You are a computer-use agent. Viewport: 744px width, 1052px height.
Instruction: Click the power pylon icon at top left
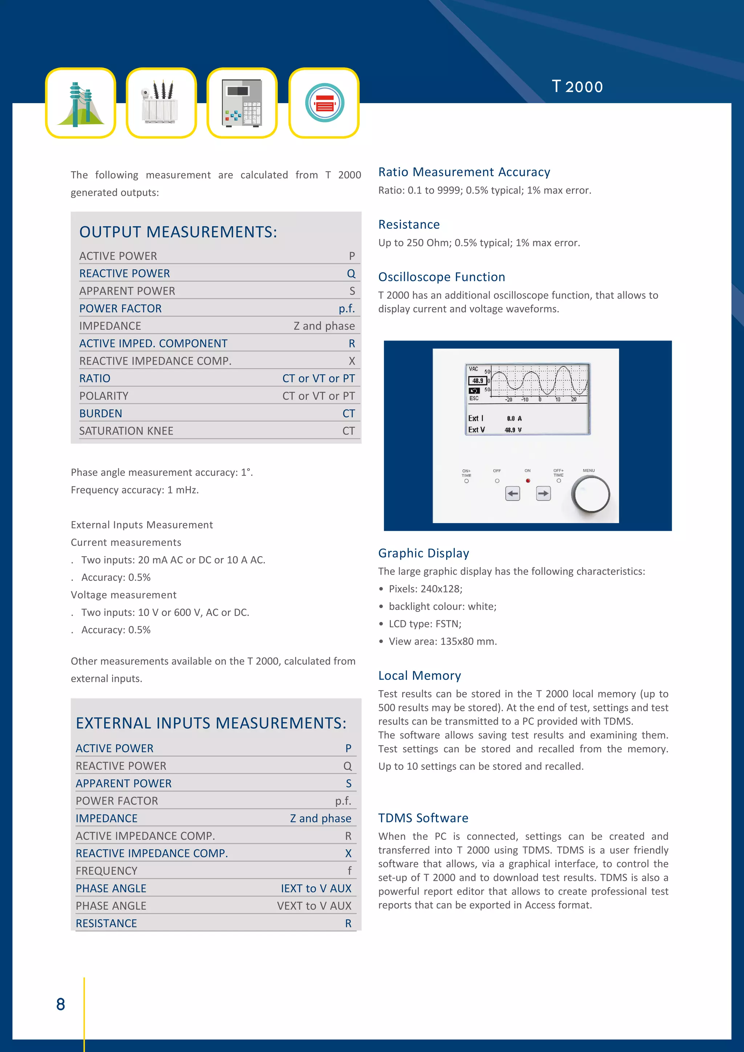pos(80,103)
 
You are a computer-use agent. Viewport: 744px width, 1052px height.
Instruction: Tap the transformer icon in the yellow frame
pos(161,103)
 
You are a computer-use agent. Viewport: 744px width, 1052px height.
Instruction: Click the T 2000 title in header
pos(577,86)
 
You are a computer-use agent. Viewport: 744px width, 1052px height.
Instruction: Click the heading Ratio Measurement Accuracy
pos(464,172)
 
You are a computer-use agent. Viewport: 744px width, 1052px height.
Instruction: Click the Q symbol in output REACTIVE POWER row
pos(351,274)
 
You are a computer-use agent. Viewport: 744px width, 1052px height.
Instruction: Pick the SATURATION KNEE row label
pos(126,431)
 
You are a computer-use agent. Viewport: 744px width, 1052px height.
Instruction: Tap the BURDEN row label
pos(100,413)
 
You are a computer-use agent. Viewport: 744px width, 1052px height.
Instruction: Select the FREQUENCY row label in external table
pos(106,871)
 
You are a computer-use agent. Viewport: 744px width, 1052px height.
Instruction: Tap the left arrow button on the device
pos(513,493)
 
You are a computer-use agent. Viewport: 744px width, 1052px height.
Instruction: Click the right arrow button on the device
pos(543,493)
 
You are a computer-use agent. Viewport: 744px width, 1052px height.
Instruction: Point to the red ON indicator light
pos(528,481)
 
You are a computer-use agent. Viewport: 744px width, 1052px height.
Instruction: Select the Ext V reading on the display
pos(495,430)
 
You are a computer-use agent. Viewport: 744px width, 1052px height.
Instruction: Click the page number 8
pos(60,1004)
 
